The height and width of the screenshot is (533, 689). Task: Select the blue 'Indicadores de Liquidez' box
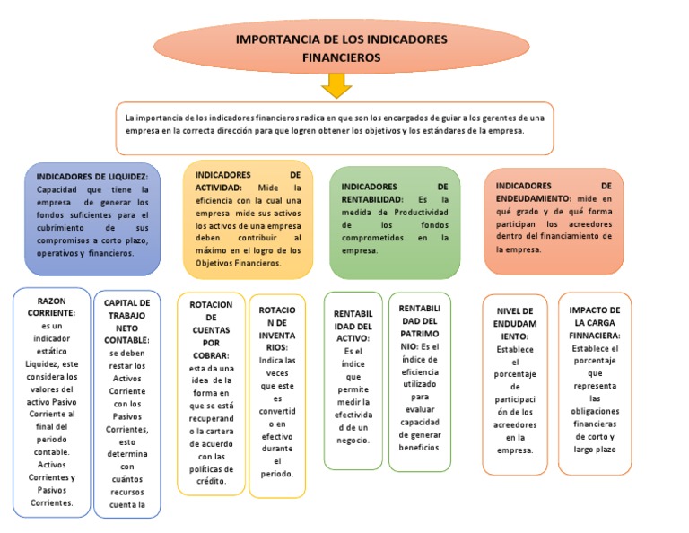point(92,218)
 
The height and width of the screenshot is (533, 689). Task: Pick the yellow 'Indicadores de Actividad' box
point(248,219)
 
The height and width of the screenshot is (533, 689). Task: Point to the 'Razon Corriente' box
point(51,401)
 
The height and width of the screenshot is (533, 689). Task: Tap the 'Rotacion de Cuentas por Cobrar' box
point(211,393)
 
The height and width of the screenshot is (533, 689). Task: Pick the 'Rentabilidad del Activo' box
point(353,381)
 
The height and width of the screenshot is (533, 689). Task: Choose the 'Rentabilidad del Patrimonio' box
point(420,381)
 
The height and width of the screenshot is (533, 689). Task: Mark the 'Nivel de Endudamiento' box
point(515,384)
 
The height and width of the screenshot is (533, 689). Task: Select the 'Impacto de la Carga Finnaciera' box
point(594,384)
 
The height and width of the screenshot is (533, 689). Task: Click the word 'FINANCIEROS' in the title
point(341,57)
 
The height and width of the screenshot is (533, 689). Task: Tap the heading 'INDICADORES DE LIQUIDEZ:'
point(92,177)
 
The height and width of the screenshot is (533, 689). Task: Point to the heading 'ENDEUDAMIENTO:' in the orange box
point(533,197)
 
